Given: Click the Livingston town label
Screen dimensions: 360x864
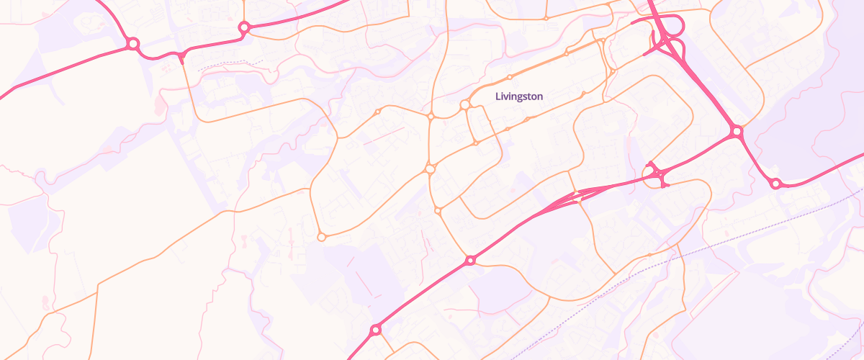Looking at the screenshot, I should tap(519, 96).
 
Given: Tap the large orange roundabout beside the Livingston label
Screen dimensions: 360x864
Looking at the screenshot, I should tap(465, 105).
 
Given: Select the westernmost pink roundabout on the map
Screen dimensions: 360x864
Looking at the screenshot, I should tap(132, 44).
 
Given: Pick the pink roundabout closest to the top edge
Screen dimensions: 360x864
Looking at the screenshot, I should tap(244, 27).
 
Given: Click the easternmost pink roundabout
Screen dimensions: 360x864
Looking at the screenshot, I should tap(775, 184).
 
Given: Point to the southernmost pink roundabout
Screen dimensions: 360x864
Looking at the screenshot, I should tap(375, 330).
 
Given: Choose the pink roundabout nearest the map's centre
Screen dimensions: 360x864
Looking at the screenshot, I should tap(470, 260).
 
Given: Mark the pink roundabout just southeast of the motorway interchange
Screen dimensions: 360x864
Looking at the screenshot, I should tap(736, 132).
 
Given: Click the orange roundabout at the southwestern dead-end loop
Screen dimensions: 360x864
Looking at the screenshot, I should tap(321, 236).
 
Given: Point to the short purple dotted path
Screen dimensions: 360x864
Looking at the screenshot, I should tap(230, 65).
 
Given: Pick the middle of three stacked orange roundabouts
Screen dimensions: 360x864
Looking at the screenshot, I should tap(431, 168).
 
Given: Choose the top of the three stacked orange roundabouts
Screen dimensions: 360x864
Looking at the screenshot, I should tap(431, 116).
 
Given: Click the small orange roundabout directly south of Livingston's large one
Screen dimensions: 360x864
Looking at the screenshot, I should tap(475, 143).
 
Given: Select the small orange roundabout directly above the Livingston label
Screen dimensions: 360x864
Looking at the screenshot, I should tap(510, 77).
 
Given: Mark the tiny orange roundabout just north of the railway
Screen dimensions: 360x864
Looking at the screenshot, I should tap(649, 255).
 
